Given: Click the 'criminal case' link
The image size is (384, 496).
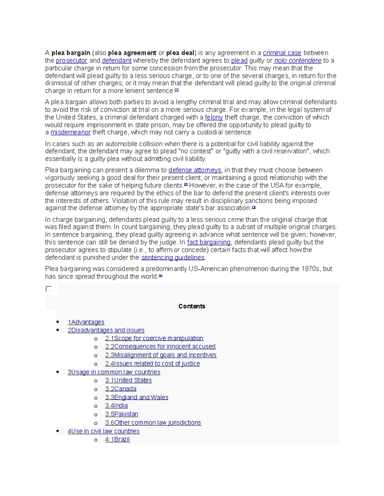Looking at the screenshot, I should tap(282, 53).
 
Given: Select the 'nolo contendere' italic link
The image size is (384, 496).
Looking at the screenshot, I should tap(298, 61).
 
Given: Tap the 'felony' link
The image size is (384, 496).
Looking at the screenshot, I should tap(214, 118).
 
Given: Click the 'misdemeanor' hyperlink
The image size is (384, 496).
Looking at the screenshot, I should tap(70, 133).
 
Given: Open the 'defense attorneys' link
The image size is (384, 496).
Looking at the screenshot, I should tap(195, 170).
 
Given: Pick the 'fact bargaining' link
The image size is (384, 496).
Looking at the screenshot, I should tap(209, 242).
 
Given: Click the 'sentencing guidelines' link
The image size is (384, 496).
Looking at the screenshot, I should tap(173, 258).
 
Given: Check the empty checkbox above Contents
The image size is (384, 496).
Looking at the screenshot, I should tap(49, 289).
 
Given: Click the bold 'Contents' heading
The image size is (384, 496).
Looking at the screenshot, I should tap(192, 306).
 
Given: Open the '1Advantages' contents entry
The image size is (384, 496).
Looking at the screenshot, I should tap(86, 322).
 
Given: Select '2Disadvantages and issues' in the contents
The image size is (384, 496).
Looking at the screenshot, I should tap(106, 330).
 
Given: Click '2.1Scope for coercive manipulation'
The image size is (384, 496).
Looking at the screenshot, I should tap(154, 338).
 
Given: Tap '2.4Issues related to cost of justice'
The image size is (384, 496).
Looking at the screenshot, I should tap(152, 364).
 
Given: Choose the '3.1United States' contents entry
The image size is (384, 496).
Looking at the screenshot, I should tap(128, 380).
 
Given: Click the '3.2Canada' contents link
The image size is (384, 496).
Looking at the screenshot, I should tap(121, 389).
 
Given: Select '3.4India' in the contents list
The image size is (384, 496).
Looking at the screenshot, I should tap(116, 406).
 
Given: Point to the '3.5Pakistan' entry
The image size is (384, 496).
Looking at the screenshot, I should tap(122, 414).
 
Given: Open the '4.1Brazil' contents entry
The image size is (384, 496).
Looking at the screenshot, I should tap(117, 439).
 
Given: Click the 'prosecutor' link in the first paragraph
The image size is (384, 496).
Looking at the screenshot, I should tap(71, 61).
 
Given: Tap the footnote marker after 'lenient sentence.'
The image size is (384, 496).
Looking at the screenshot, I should tap(177, 90).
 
